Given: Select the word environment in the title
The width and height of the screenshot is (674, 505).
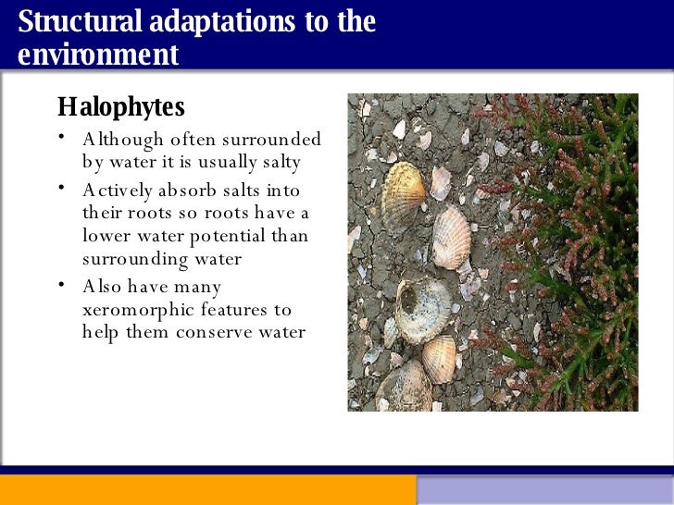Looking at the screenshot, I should point(98,54).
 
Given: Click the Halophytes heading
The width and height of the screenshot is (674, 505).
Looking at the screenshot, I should point(121,107).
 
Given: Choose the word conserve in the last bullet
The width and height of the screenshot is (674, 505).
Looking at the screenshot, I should point(227,332).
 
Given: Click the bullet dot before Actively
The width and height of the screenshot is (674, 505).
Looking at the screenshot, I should point(59,188).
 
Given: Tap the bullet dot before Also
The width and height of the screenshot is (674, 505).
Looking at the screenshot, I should point(59,284).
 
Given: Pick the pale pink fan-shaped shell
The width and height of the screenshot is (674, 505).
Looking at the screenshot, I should point(452,237).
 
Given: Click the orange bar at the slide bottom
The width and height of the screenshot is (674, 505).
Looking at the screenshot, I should point(207,490).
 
